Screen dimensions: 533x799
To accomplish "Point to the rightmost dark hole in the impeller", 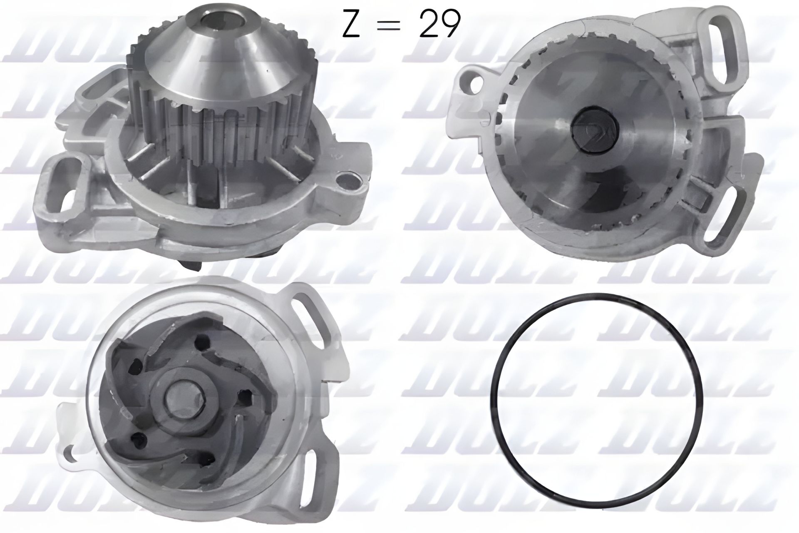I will pos(242,394).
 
